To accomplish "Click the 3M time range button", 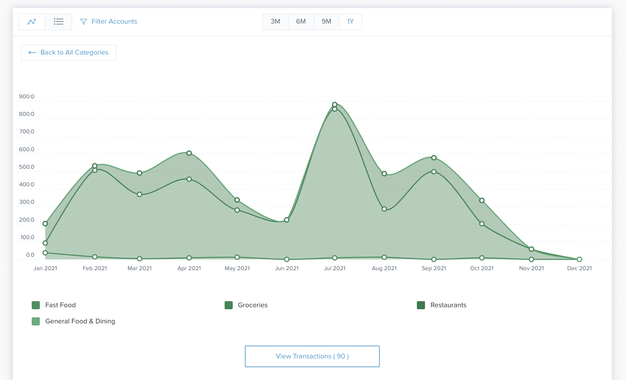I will pyautogui.click(x=275, y=22).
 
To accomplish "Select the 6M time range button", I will pyautogui.click(x=301, y=22).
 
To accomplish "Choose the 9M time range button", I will pyautogui.click(x=326, y=22).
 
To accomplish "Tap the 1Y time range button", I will pyautogui.click(x=350, y=22).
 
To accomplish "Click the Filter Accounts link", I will pyautogui.click(x=109, y=22).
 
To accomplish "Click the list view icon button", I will pyautogui.click(x=58, y=22).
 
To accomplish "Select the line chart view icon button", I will pyautogui.click(x=32, y=22).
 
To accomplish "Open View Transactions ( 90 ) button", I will pyautogui.click(x=312, y=356).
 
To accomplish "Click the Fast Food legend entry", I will pyautogui.click(x=54, y=305).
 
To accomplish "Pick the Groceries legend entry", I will pyautogui.click(x=246, y=305).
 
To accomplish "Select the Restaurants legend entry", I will pyautogui.click(x=442, y=305).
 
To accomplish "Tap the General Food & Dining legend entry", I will pyautogui.click(x=74, y=321).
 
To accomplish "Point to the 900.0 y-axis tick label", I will pyautogui.click(x=27, y=96).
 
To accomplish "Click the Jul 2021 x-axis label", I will pyautogui.click(x=335, y=268).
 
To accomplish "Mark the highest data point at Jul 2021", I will pyautogui.click(x=335, y=104).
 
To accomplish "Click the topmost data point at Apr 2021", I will pyautogui.click(x=189, y=153).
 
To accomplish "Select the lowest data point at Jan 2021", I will pyautogui.click(x=45, y=253).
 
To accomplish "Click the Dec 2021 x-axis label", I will pyautogui.click(x=579, y=268).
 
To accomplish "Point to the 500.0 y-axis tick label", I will pyautogui.click(x=27, y=167).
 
